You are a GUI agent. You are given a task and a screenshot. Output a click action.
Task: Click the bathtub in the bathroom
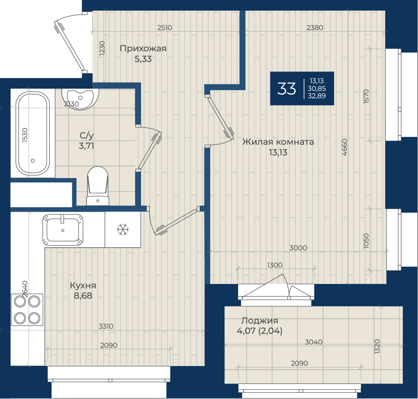33,133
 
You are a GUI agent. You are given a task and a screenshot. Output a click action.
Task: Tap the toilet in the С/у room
98,186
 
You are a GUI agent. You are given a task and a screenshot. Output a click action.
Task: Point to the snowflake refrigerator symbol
123,229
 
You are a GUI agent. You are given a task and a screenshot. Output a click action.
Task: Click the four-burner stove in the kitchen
27,310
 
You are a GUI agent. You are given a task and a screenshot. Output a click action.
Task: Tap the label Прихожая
143,48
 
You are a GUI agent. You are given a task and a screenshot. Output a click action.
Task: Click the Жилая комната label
278,142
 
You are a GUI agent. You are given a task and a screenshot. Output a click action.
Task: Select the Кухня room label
83,285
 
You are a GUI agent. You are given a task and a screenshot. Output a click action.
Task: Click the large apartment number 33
286,89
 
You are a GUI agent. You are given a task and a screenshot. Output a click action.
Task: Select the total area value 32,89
317,96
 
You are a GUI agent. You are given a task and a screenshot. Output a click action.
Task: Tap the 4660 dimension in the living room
344,147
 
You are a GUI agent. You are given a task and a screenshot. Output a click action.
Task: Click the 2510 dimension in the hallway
164,28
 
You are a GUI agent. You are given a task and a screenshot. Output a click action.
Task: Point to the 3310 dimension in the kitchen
106,326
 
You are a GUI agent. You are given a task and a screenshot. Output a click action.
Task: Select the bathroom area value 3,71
86,146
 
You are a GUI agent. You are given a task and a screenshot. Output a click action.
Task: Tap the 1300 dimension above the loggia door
275,265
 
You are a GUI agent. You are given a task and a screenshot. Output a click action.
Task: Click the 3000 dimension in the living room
298,248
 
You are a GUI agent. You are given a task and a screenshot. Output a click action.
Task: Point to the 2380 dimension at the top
315,28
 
